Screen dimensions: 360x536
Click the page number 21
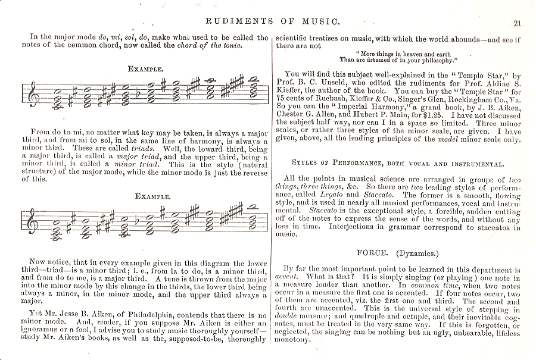tap(516, 23)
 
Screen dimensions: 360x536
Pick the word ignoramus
tap(49, 331)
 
